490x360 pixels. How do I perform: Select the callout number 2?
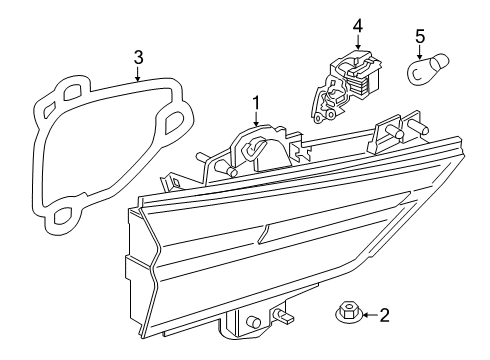[x=383, y=316]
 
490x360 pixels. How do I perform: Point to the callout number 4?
[x=357, y=24]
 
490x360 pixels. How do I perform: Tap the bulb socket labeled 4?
[x=346, y=79]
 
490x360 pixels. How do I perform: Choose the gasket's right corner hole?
[x=173, y=122]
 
